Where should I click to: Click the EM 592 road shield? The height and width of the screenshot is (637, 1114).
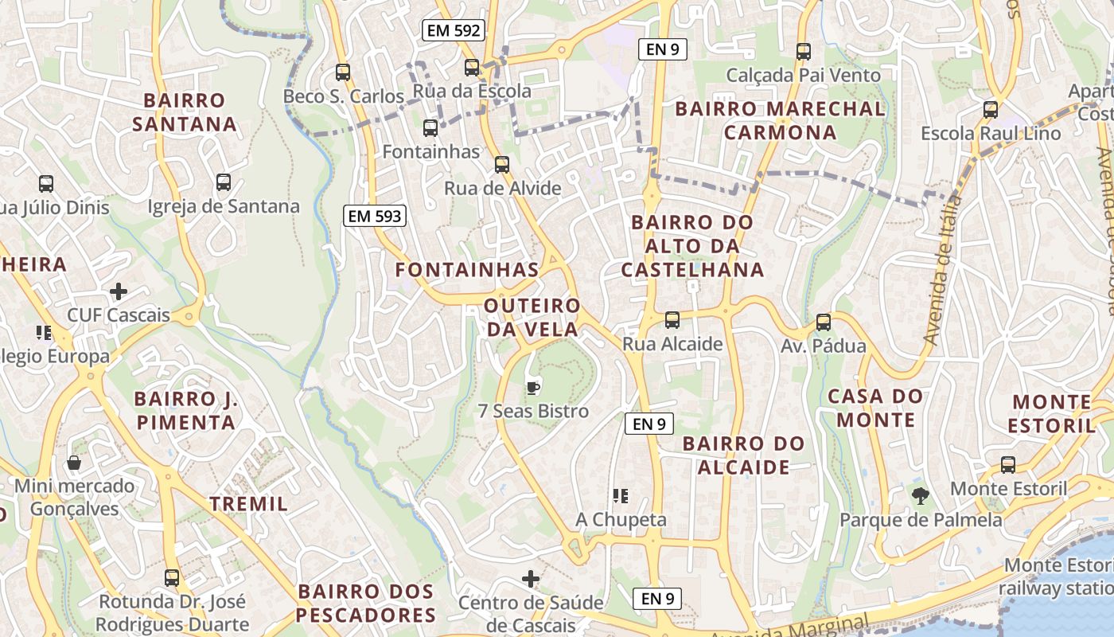pos(454,31)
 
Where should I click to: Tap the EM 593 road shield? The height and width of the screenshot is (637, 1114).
pos(375,215)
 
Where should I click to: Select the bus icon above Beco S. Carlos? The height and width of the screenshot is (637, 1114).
pos(343,72)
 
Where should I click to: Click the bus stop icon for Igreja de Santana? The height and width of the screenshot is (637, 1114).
pos(224,182)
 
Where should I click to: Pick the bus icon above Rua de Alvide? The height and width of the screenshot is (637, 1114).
pos(502,165)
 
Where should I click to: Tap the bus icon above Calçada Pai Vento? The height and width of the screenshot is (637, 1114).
pos(804,52)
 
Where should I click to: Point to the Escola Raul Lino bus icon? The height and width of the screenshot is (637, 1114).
pos(991,109)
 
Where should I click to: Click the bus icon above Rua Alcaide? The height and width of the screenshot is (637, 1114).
pos(672,320)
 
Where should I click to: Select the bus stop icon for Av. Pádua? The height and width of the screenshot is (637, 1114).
pos(824,322)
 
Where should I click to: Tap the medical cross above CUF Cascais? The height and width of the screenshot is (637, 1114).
pos(119,291)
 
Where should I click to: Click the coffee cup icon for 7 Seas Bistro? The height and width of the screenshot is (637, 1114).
pos(533,388)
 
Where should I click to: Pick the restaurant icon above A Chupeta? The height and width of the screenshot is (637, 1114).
pos(621,496)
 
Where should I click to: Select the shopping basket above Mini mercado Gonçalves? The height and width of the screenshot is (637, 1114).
pos(74,463)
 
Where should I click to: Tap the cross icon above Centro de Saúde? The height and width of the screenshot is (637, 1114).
pos(531,578)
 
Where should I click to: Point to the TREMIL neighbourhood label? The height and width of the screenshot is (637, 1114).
pos(248,503)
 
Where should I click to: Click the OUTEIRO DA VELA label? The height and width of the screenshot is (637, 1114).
pos(532,317)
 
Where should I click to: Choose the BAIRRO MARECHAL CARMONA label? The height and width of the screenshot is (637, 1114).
pos(780,120)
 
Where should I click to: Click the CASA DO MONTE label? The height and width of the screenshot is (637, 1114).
pos(875,408)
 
